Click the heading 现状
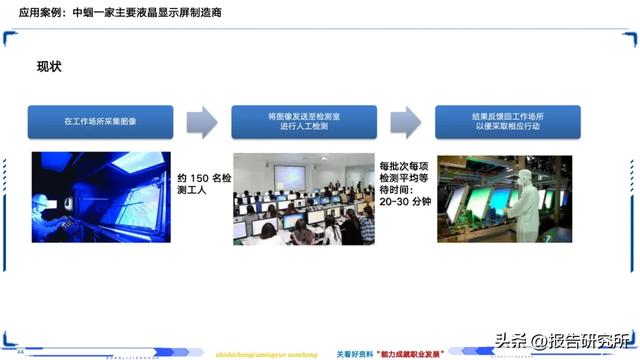(50, 67)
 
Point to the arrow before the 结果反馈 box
(405, 121)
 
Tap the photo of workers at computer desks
(304, 198)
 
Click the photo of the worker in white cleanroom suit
(505, 198)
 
